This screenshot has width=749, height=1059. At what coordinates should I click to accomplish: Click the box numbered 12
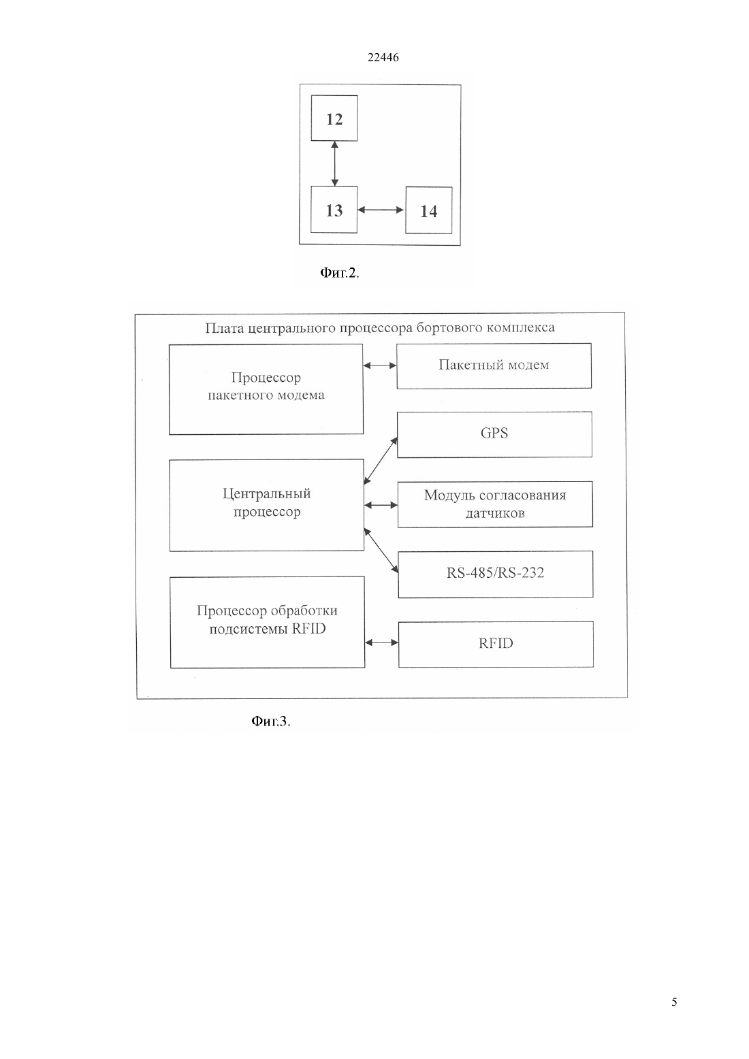click(x=334, y=118)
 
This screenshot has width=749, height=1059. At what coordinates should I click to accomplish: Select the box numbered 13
click(x=334, y=210)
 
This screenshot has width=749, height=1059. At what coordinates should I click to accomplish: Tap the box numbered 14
click(x=429, y=210)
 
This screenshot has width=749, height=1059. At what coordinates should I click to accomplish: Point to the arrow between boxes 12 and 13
click(x=335, y=163)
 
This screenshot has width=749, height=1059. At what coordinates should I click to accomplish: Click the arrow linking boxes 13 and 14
click(x=381, y=210)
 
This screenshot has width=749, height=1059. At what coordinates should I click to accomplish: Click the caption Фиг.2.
click(x=340, y=273)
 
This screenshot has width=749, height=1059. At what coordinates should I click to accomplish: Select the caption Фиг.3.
click(x=270, y=721)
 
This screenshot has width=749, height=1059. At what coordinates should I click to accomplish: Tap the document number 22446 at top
click(x=383, y=57)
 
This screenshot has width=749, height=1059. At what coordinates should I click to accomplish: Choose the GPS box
click(x=494, y=434)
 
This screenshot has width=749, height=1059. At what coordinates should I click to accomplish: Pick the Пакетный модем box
click(x=494, y=366)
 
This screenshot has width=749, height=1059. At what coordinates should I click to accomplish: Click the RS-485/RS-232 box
click(x=496, y=574)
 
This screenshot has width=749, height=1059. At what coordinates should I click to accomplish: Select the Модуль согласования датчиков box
click(x=495, y=504)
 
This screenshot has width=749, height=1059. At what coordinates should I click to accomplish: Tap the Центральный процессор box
click(x=267, y=505)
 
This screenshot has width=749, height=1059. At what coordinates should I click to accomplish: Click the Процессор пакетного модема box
click(x=266, y=389)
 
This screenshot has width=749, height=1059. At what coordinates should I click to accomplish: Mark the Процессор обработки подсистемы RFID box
click(x=268, y=622)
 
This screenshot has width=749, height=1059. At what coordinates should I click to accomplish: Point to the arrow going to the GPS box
click(x=381, y=461)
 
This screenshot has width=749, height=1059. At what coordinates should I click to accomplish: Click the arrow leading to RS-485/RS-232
click(x=381, y=551)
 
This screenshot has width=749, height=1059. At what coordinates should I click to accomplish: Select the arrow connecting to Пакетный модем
click(x=380, y=365)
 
